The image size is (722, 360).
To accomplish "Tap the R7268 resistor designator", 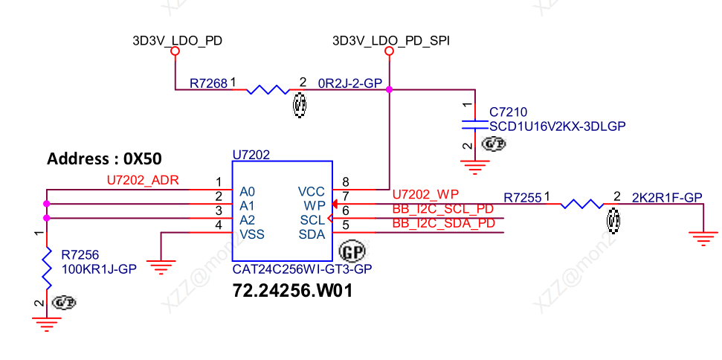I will point(208,83).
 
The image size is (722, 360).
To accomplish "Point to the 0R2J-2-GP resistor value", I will point(349,83).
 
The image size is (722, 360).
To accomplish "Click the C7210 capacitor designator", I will point(509,112).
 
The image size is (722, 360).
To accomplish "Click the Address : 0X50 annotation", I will point(105,158).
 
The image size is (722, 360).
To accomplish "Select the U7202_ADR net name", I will point(143,180).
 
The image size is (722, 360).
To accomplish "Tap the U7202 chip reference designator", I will point(251,155).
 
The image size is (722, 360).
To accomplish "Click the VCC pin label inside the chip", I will point(311,191).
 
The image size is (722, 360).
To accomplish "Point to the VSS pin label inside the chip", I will point(252,234).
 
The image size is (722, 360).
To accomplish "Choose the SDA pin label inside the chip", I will point(312,234).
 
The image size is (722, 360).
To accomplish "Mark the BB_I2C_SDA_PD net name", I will point(444,223).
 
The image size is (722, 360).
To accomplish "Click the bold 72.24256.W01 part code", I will point(292,290).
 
